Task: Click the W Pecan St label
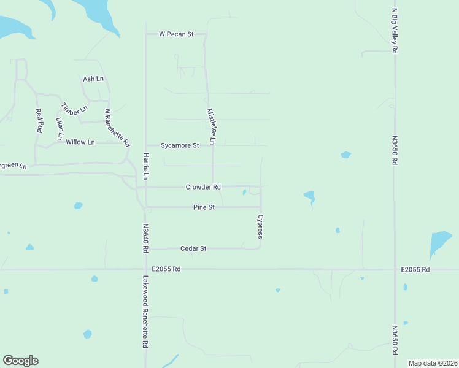[x=176, y=34]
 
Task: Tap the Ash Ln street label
[x=93, y=79]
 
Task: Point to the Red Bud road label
[x=39, y=121]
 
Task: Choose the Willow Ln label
[x=80, y=142]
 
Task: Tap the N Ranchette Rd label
[x=117, y=128]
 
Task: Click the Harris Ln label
[x=146, y=166]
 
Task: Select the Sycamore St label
[x=180, y=146]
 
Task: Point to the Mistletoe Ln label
[x=212, y=126]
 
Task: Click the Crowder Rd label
[x=203, y=186]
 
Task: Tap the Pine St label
[x=204, y=207]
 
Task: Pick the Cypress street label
[x=261, y=226]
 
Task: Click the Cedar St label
[x=194, y=248]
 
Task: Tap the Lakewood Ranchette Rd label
[x=146, y=312]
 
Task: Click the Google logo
[x=20, y=361]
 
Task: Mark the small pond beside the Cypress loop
[x=244, y=193]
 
